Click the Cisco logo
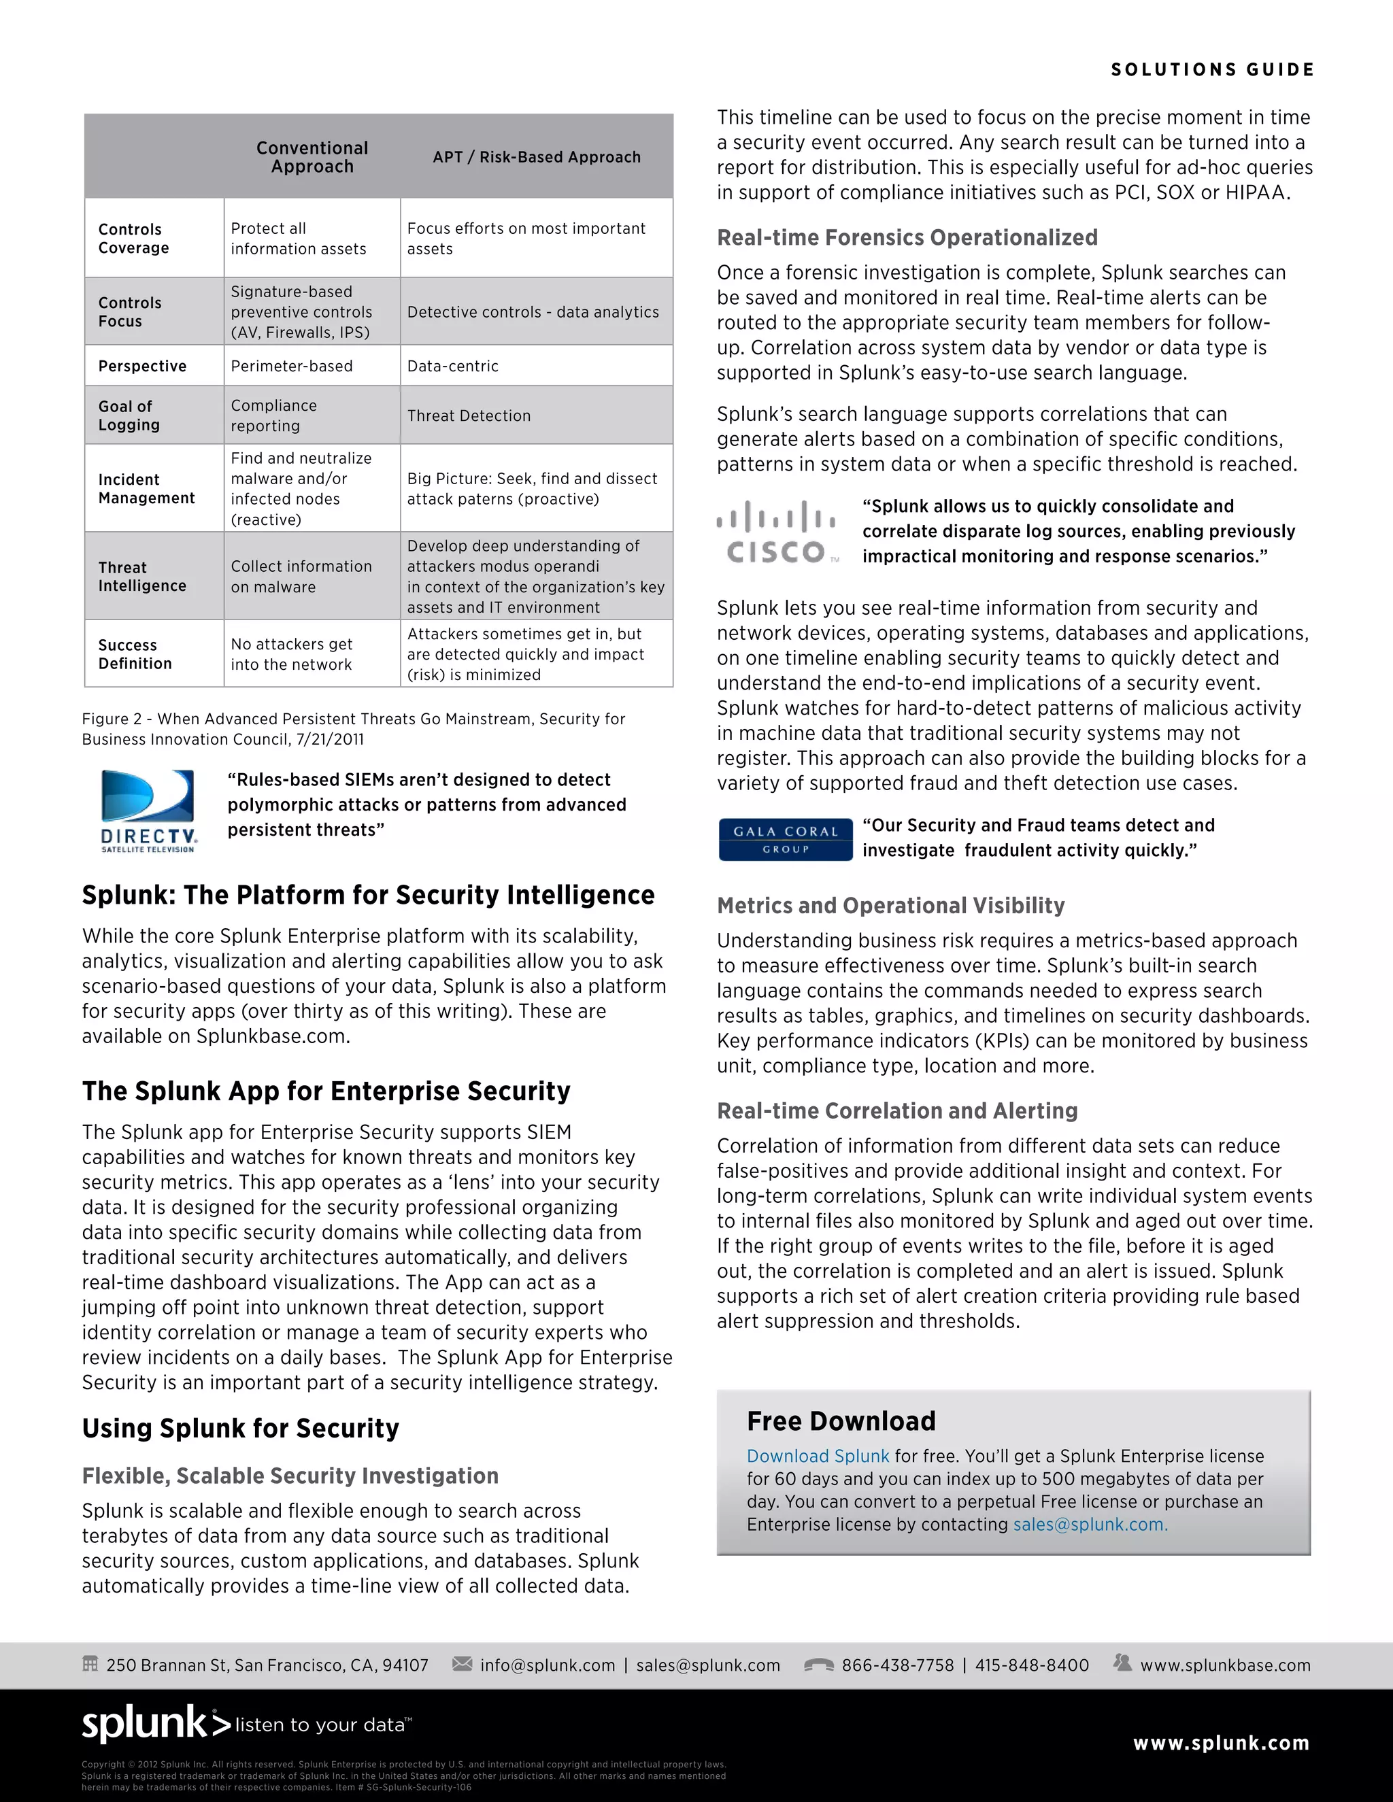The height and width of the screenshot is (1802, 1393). pyautogui.click(x=775, y=532)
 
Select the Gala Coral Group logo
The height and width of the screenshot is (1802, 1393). pyautogui.click(x=785, y=839)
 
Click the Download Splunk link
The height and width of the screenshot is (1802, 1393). pyautogui.click(x=817, y=1457)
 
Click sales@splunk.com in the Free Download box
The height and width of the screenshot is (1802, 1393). pyautogui.click(x=1090, y=1525)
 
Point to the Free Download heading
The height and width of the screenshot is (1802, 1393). pyautogui.click(x=841, y=1421)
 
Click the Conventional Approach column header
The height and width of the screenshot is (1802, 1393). pyautogui.click(x=312, y=157)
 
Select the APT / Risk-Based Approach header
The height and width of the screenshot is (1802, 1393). pyautogui.click(x=537, y=157)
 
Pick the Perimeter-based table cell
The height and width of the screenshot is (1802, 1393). pyautogui.click(x=291, y=367)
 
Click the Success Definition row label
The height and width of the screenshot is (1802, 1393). pyautogui.click(x=135, y=654)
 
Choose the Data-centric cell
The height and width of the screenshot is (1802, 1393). pyautogui.click(x=452, y=367)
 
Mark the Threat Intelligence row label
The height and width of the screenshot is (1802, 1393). pyautogui.click(x=142, y=577)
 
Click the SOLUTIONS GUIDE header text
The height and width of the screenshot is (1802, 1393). pyautogui.click(x=1211, y=70)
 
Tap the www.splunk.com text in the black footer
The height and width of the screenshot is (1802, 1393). pyautogui.click(x=1220, y=1743)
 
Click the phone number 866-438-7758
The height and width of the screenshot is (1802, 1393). pyautogui.click(x=897, y=1665)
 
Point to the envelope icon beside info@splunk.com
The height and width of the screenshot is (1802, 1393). pyautogui.click(x=462, y=1663)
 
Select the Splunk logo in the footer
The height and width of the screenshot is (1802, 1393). pyautogui.click(x=157, y=1724)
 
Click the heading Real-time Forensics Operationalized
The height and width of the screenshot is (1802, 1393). pyautogui.click(x=907, y=237)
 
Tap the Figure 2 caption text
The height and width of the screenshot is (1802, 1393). pyautogui.click(x=353, y=728)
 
